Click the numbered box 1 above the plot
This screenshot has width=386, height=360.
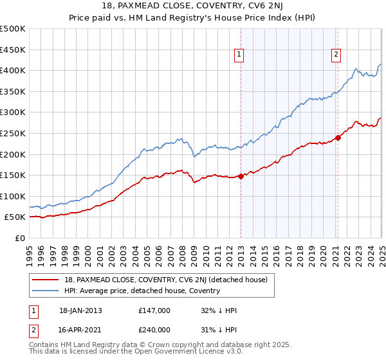coord(239,55)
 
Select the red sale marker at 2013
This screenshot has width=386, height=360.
coord(241,176)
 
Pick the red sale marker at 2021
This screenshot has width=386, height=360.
coord(338,138)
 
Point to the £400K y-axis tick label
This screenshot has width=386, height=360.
coord(13,70)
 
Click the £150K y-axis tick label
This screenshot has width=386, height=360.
coord(13,175)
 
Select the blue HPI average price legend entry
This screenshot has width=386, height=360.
coord(142,291)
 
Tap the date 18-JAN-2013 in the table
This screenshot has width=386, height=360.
coord(80,310)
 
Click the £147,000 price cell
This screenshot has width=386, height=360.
coord(154,310)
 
